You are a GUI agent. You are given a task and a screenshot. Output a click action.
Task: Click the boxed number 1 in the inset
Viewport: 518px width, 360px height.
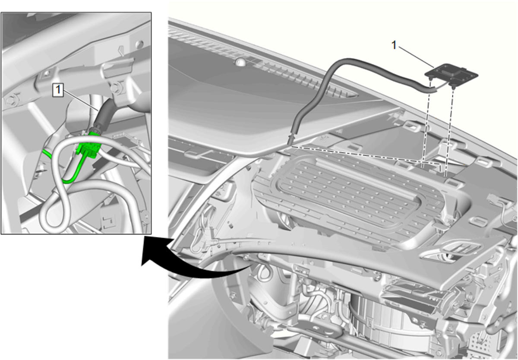[58, 90]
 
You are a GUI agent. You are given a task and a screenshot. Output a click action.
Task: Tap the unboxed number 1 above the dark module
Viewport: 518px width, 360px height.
[394, 45]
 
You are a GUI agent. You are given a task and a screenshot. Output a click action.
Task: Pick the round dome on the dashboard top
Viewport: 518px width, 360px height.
[241, 61]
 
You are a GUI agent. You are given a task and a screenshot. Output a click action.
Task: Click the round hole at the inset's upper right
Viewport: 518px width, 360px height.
[139, 44]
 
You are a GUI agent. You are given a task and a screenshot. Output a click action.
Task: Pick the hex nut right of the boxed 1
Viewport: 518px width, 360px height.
[115, 88]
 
